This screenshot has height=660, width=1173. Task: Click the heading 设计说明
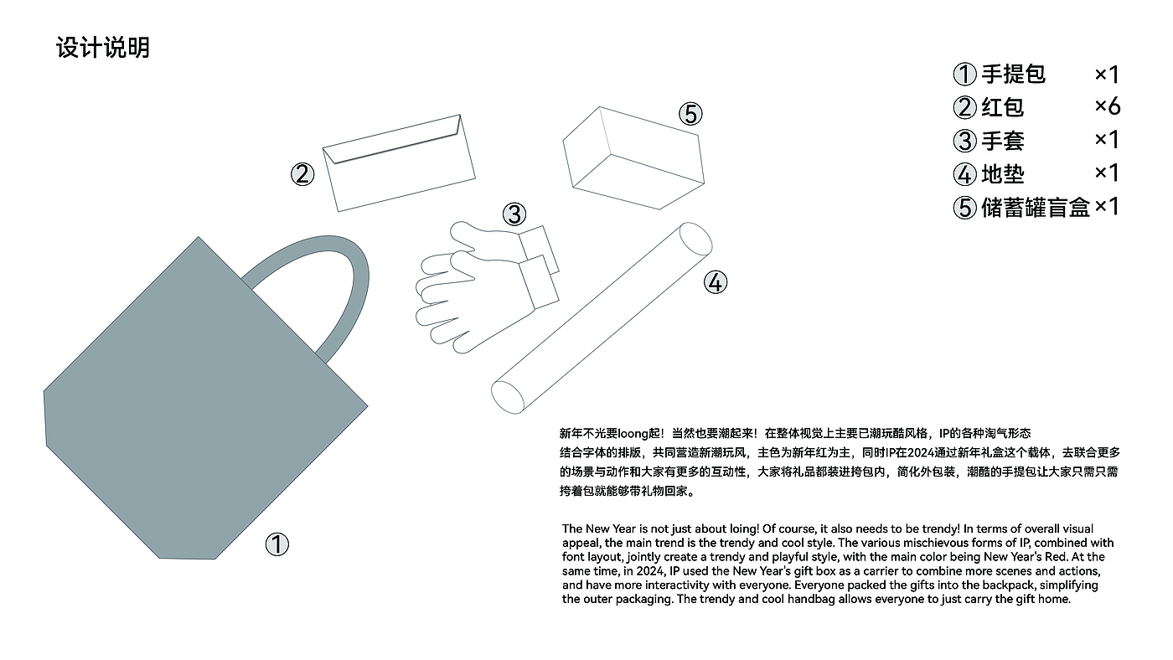(102, 48)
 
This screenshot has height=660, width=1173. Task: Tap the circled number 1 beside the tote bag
(277, 544)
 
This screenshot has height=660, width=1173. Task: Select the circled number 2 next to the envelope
(302, 174)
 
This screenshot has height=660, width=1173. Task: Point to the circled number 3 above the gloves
(514, 214)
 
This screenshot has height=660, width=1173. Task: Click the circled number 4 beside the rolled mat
(716, 282)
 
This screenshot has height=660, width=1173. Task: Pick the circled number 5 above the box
(690, 114)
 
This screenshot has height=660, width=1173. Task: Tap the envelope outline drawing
(399, 163)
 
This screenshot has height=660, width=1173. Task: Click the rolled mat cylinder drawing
(602, 318)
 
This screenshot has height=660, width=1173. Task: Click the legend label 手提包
(1013, 74)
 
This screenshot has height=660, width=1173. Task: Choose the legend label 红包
(1002, 107)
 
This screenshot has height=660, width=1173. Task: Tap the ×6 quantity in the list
(1108, 106)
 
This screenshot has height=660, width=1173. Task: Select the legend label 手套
(1002, 141)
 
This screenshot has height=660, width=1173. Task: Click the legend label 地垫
(1002, 174)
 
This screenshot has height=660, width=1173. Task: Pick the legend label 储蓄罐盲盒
(1036, 208)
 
